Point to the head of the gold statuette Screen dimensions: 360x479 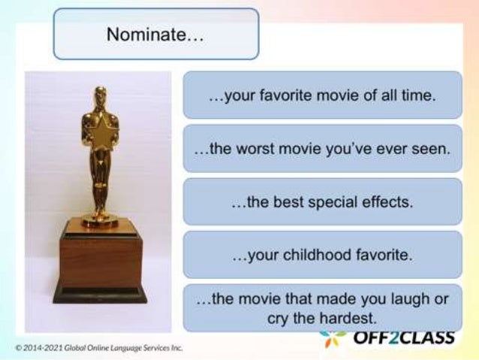(100, 97)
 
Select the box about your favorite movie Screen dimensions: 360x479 (322, 96)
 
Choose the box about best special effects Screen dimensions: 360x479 (322, 202)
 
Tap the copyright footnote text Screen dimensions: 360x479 (98, 348)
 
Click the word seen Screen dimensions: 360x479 (433, 149)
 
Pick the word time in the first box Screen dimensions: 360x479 (421, 96)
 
